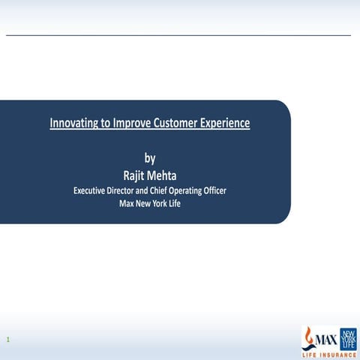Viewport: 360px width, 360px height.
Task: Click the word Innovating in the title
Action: tap(73, 121)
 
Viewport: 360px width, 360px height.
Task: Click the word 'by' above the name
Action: tap(149, 158)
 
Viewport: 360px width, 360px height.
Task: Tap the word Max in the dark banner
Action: tap(118, 204)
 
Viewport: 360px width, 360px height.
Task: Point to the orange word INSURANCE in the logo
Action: tap(337, 355)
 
